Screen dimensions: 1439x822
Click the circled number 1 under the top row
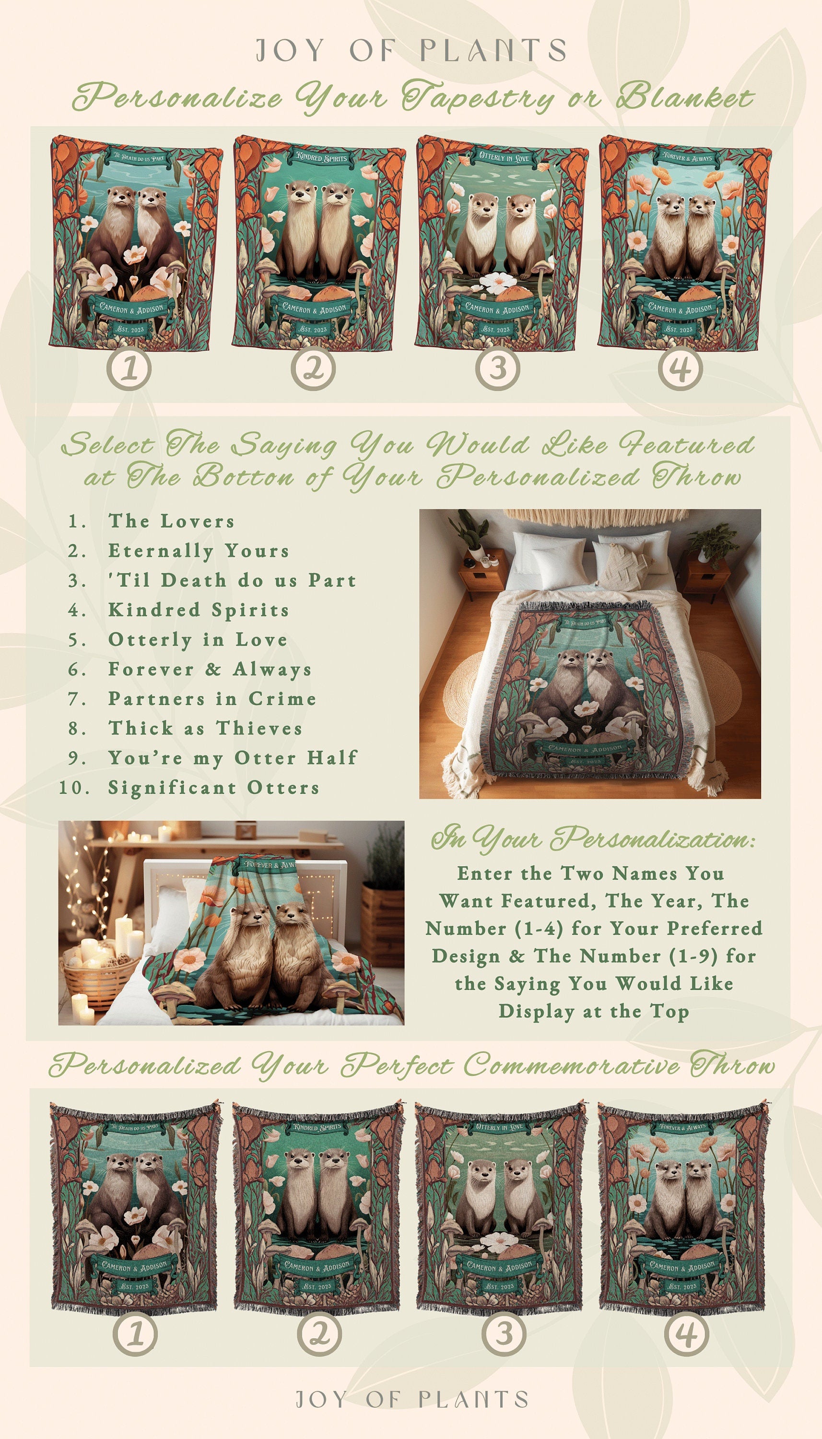click(x=129, y=369)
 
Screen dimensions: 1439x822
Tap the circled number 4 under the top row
click(x=681, y=369)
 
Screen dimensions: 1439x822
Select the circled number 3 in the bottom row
click(x=504, y=1334)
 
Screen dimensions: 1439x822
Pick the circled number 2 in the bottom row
click(x=319, y=1334)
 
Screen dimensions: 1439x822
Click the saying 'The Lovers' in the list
click(x=171, y=521)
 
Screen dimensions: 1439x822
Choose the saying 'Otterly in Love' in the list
click(x=198, y=639)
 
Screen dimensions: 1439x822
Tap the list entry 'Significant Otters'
click(x=213, y=788)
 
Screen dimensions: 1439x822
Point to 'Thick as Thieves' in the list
click(x=205, y=728)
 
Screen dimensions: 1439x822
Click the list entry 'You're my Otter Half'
click(x=233, y=757)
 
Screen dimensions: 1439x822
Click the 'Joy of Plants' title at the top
click(x=411, y=51)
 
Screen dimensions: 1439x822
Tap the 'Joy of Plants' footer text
click(x=412, y=1399)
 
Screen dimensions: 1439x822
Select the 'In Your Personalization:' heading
click(x=593, y=839)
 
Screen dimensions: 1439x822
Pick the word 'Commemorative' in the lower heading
click(x=571, y=1066)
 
